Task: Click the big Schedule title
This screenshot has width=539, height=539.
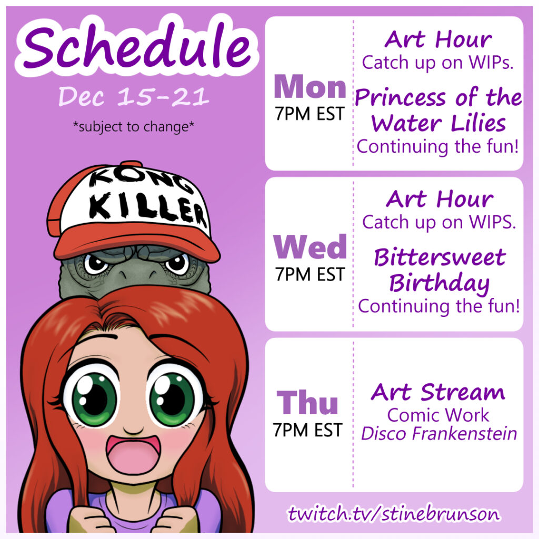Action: pos(137,45)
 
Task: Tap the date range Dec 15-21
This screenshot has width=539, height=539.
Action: pos(134,96)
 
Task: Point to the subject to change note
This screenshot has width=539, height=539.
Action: pos(134,126)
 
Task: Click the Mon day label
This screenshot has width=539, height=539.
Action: pos(310,87)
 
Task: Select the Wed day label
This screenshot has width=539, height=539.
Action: pos(310,247)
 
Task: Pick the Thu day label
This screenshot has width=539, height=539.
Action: pos(307,402)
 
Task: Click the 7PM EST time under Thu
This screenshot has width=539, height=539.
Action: pos(307,430)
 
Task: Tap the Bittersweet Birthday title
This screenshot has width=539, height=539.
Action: pos(440,270)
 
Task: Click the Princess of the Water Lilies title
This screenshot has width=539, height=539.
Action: pos(438,110)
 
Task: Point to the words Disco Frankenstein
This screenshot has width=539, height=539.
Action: pos(439,434)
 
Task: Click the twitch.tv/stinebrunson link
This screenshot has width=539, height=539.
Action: pos(394,514)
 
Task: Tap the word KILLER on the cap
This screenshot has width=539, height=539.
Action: pos(148,208)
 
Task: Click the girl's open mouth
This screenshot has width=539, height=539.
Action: pos(133,455)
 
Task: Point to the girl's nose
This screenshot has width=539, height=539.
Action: pos(133,430)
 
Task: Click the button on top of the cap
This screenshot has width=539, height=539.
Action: pos(131,163)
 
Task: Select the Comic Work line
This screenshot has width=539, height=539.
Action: pos(438,415)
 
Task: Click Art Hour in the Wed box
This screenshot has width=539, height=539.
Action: pos(440,199)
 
